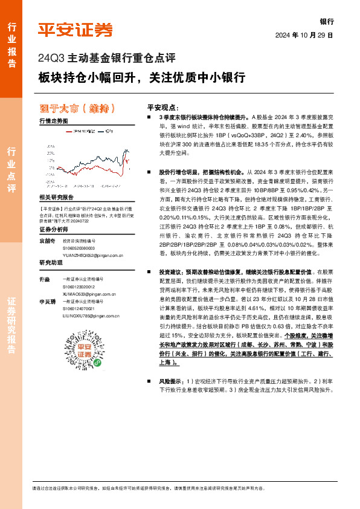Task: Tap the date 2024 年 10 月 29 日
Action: point(304,35)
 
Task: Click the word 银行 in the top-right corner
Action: point(326,21)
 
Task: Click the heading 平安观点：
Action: point(164,105)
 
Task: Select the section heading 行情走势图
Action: point(54,122)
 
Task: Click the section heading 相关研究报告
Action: point(56,198)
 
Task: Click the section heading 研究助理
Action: point(51,262)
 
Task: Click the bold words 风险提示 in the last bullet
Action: point(171,381)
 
